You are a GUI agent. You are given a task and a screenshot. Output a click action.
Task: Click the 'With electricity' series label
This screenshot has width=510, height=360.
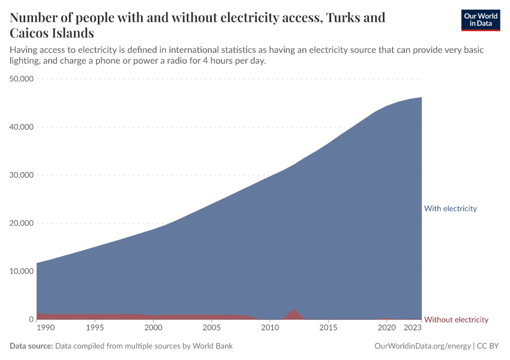450,209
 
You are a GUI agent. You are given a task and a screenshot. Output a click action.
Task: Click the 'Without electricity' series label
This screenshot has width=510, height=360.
456,320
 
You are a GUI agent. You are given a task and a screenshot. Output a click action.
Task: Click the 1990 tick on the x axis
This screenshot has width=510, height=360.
46,328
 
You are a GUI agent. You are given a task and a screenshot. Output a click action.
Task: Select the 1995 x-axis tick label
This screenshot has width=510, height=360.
95,328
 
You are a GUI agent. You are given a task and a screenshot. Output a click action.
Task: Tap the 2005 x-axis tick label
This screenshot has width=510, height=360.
212,328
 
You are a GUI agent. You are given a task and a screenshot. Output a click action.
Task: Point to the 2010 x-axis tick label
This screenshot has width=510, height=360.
270,328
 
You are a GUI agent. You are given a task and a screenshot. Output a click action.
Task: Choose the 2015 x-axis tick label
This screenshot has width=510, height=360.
328,328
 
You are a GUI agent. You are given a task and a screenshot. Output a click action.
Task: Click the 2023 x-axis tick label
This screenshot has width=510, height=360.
413,328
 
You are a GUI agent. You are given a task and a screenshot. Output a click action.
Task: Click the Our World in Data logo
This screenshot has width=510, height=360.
480,20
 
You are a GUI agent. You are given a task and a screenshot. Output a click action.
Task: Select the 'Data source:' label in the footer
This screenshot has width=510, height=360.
31,346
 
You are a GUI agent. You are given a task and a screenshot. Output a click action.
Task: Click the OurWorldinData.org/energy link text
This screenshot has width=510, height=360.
422,346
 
